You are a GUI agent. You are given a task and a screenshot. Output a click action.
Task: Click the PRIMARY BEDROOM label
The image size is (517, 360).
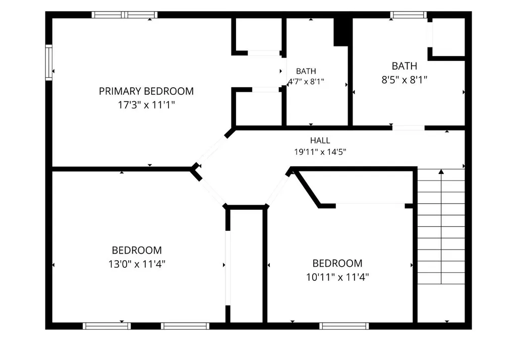coord(146,91)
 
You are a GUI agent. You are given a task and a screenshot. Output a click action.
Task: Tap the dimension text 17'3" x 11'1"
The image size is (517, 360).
coord(146,105)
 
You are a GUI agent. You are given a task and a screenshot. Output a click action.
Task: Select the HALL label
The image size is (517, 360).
coord(320,141)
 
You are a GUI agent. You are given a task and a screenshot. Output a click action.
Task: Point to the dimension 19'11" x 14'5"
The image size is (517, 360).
coord(320,152)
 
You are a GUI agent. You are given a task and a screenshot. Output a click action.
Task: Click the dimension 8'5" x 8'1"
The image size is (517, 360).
coord(404,80)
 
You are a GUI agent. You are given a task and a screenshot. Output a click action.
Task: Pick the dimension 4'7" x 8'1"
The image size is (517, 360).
coord(306,82)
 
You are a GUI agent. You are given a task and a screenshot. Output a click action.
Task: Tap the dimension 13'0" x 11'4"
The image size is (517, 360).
coord(137,264)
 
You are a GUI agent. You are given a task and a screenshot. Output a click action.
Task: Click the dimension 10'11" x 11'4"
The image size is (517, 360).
coord(337,277)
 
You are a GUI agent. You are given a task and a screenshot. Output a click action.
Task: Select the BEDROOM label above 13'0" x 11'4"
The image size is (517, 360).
coord(137,250)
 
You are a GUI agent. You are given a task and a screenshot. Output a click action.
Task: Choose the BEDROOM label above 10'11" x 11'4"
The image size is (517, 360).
coord(337,263)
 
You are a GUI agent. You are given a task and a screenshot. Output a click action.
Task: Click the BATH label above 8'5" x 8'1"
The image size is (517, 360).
coord(404,66)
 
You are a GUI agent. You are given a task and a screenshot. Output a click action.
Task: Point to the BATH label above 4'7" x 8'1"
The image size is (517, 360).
coord(306,71)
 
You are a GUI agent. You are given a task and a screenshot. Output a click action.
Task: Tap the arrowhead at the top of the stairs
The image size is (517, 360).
coord(441,171)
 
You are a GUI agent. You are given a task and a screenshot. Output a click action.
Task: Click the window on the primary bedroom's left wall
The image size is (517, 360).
coord(49,63)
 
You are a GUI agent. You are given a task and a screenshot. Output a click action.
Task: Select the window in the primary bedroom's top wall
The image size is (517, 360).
coord(124,15)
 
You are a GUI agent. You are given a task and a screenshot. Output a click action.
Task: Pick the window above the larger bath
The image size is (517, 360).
coord(409,15)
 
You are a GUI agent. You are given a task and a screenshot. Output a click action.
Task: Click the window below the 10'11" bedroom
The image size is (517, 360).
coord(344,326)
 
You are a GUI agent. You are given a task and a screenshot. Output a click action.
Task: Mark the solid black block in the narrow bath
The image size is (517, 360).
coord(341,32)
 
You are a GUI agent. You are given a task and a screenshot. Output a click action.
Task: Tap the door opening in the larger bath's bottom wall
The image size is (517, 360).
coord(408,128)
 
